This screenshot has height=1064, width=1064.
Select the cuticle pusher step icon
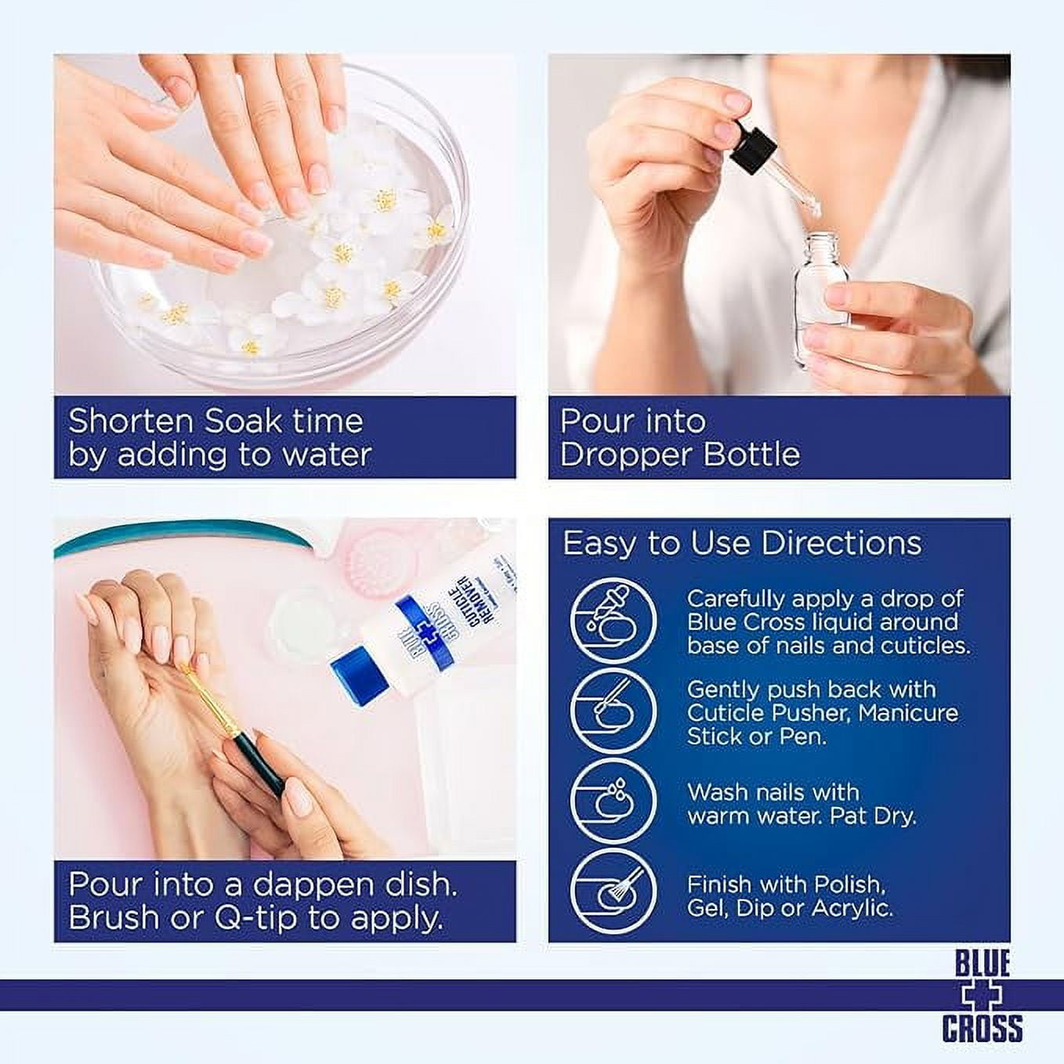(x=613, y=713)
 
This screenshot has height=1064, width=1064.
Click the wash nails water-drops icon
(x=613, y=805)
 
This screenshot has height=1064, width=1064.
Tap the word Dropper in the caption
(x=624, y=456)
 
